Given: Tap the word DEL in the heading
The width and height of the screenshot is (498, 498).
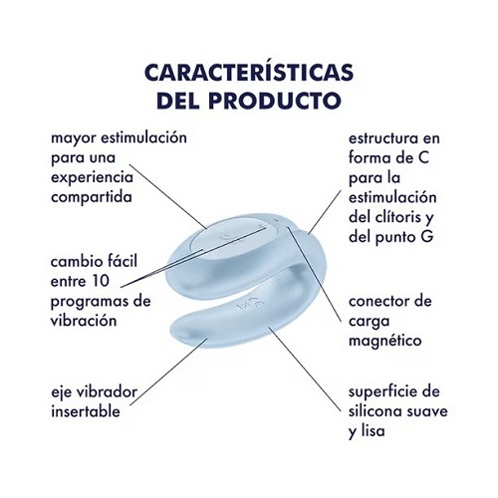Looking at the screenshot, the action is pos(178,100).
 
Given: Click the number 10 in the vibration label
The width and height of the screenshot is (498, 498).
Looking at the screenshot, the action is pos(100,282).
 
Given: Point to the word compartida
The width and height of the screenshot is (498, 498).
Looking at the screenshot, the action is pos(92,197).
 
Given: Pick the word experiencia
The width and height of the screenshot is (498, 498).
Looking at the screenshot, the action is pos(92,178).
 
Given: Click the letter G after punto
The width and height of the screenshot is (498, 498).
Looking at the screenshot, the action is pos(428,237).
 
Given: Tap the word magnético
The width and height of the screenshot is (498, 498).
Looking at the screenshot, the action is pos(385,341).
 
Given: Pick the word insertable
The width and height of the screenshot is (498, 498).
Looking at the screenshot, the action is pos(86,411).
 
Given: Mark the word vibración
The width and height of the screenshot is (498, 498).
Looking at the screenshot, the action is pos(84,321).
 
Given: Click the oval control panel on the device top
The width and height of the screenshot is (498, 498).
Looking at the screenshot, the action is pos(234,236).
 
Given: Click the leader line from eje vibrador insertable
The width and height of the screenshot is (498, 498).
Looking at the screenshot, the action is pos(168,372).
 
